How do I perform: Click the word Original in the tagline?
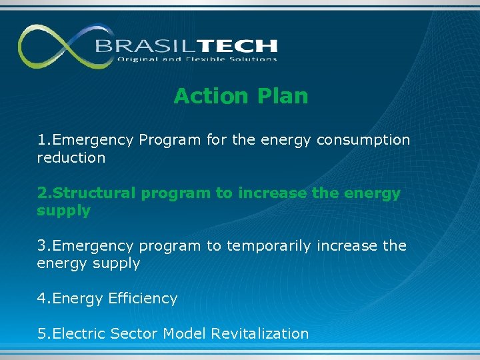click(x=137, y=59)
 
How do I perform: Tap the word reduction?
click(x=71, y=158)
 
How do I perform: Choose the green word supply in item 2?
click(x=63, y=211)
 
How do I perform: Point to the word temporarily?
click(x=269, y=246)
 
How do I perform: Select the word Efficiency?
click(x=143, y=299)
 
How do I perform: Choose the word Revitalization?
click(x=260, y=333)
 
